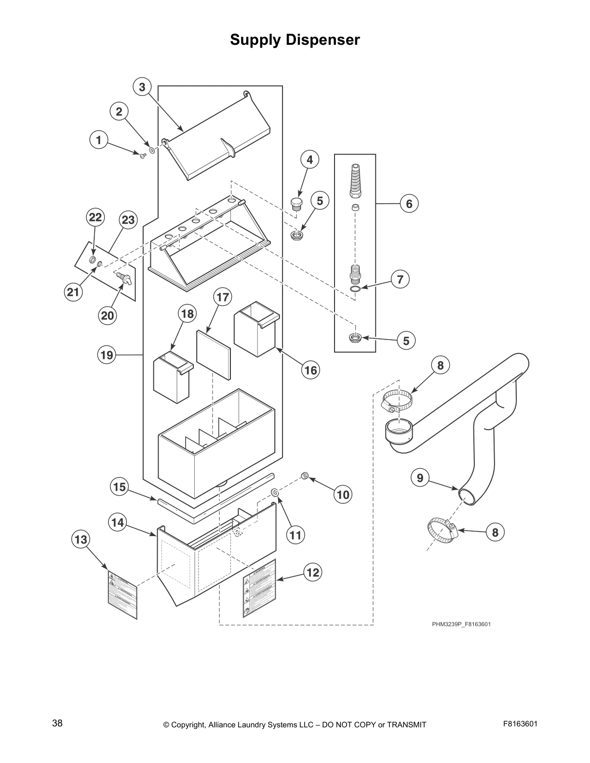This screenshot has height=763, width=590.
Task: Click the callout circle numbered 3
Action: [x=142, y=87]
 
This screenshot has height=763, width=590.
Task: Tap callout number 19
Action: [x=107, y=355]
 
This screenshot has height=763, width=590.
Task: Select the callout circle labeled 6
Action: [x=409, y=204]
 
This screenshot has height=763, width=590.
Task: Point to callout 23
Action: [x=128, y=220]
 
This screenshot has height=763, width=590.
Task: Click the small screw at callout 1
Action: [x=143, y=155]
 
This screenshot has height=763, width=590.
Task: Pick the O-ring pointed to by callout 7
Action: [x=355, y=289]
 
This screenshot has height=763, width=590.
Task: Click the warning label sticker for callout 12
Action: [x=259, y=588]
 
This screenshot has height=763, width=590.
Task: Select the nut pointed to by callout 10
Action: [x=305, y=476]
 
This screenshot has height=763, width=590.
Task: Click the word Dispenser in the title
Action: [x=322, y=39]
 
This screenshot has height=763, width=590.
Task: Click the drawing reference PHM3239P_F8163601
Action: [x=461, y=624]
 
